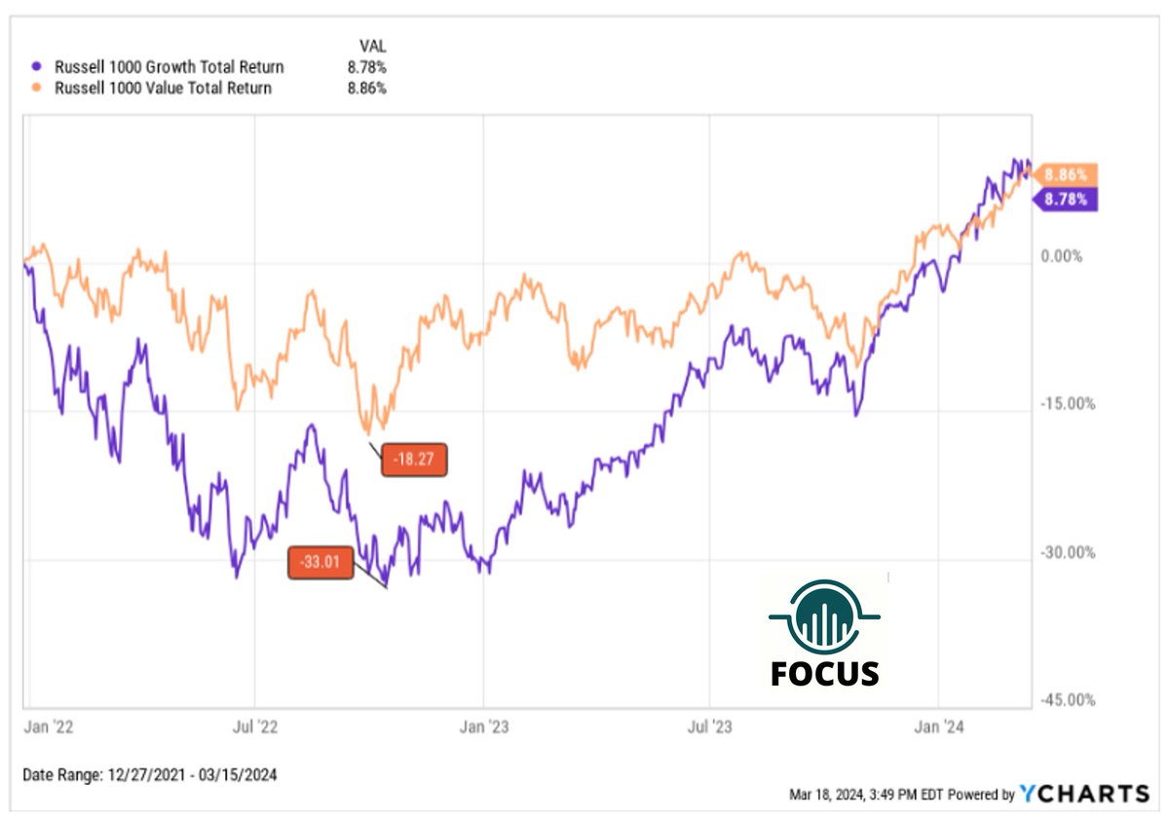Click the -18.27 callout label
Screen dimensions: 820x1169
point(414,459)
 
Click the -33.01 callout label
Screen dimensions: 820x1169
point(321,563)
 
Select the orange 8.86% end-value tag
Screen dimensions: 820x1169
point(1066,175)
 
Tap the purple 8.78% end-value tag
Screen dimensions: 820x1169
point(1066,200)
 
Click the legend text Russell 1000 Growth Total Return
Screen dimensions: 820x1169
point(170,67)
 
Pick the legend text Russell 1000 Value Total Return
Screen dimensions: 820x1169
point(164,88)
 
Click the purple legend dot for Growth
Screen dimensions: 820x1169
point(37,67)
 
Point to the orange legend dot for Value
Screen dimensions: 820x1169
point(37,89)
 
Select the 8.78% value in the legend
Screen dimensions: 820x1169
point(367,67)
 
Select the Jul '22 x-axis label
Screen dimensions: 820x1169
point(255,727)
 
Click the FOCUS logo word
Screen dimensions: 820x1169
point(824,673)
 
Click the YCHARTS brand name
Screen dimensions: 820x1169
point(1084,794)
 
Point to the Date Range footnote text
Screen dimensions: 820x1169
point(150,775)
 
